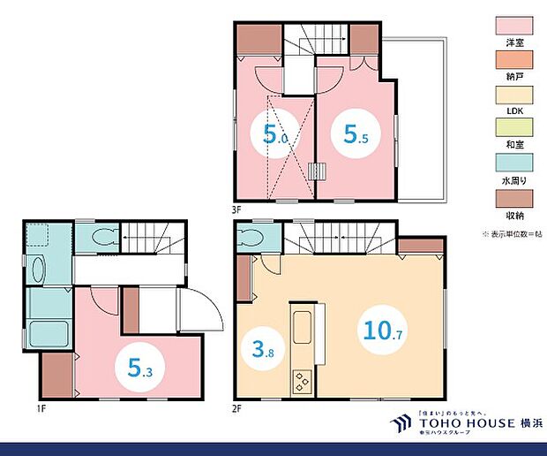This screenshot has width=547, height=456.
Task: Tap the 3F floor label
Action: [x=237, y=210]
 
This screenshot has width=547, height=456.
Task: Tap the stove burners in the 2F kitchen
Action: [x=303, y=382]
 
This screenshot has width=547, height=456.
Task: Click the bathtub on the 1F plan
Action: [x=41, y=335]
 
